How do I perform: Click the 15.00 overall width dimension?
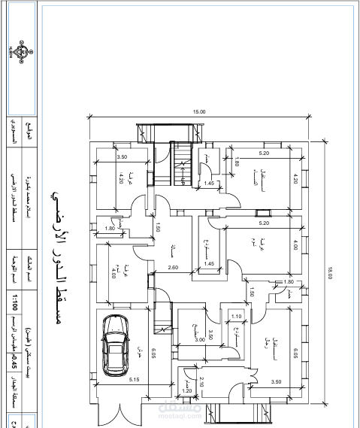pos(199,111)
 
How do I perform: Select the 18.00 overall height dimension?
pos(328,276)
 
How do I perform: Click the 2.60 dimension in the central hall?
pos(173,269)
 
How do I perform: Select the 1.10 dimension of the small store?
pos(236,317)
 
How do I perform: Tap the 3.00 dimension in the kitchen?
pos(200,339)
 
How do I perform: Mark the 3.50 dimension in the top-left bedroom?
pos(123,156)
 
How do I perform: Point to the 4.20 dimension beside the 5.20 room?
pos(296,179)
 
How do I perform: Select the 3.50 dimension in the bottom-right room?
pos(277,382)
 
